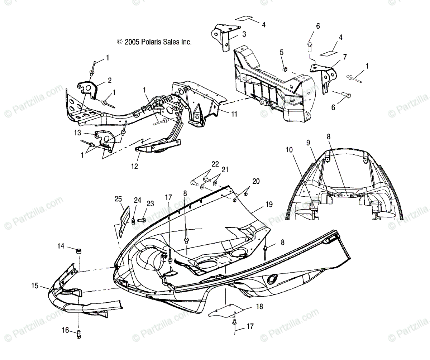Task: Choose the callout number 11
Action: click(234, 114)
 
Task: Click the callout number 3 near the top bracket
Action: click(244, 34)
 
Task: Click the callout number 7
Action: click(345, 57)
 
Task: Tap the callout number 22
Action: click(215, 164)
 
